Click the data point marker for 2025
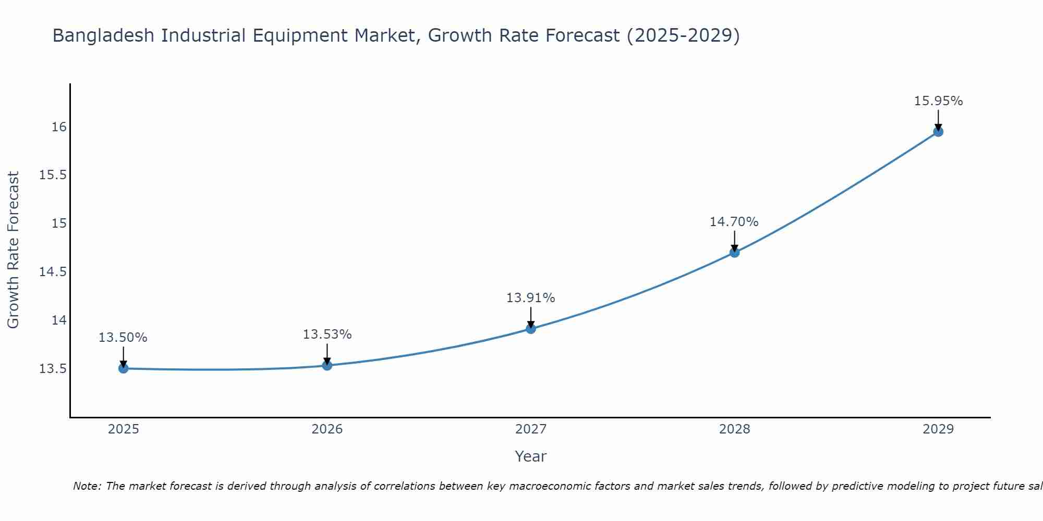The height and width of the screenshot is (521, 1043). tap(124, 368)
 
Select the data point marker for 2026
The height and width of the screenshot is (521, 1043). tap(327, 365)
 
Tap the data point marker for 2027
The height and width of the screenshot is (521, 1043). tap(531, 329)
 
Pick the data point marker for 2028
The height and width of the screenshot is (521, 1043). tap(734, 253)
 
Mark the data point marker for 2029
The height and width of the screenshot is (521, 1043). tap(938, 132)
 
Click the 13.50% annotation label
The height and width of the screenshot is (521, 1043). tap(123, 338)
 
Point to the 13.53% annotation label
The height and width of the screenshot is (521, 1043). tap(328, 334)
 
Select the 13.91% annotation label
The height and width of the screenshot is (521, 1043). tap(531, 298)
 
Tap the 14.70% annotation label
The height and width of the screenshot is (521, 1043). tap(734, 222)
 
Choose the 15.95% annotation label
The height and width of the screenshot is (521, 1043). tap(939, 101)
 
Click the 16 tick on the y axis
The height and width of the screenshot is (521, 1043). tap(59, 127)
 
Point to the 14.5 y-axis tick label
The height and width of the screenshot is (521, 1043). tap(53, 272)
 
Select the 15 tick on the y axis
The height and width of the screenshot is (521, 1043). tap(59, 224)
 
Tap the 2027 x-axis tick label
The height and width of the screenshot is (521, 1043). tap(531, 429)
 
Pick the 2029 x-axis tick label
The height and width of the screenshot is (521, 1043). tap(938, 429)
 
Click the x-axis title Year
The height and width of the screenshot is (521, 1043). tap(531, 456)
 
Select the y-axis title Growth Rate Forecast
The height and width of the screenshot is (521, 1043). tap(14, 250)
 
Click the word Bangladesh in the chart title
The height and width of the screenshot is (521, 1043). tap(103, 36)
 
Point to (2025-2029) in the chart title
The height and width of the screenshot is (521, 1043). tap(683, 36)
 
